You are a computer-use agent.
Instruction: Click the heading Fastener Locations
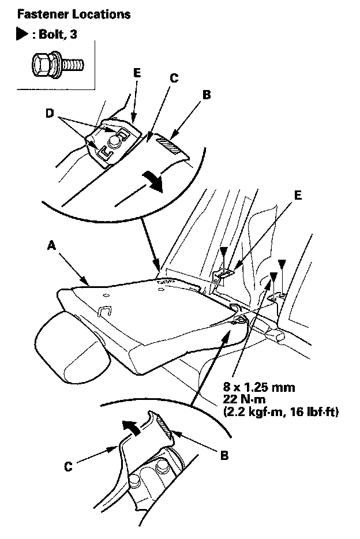(74, 14)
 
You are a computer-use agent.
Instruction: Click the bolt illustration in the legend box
(57, 63)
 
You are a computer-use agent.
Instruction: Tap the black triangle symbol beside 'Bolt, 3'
(22, 35)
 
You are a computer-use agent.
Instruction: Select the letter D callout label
(50, 113)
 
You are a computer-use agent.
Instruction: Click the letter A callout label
(51, 245)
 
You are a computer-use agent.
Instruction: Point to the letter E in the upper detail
(137, 73)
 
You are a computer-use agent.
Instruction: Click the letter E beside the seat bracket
(298, 195)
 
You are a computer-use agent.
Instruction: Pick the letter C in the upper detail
(174, 78)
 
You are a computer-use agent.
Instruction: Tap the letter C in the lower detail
(68, 467)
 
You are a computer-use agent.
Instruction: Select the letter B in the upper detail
(207, 95)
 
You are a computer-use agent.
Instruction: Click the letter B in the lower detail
(224, 455)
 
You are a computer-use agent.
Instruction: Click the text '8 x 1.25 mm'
(259, 387)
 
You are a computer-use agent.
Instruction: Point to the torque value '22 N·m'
(244, 399)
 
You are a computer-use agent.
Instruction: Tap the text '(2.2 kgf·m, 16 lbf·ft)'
(281, 411)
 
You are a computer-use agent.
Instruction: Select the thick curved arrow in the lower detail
(132, 427)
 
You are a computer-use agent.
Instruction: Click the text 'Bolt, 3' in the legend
(58, 35)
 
